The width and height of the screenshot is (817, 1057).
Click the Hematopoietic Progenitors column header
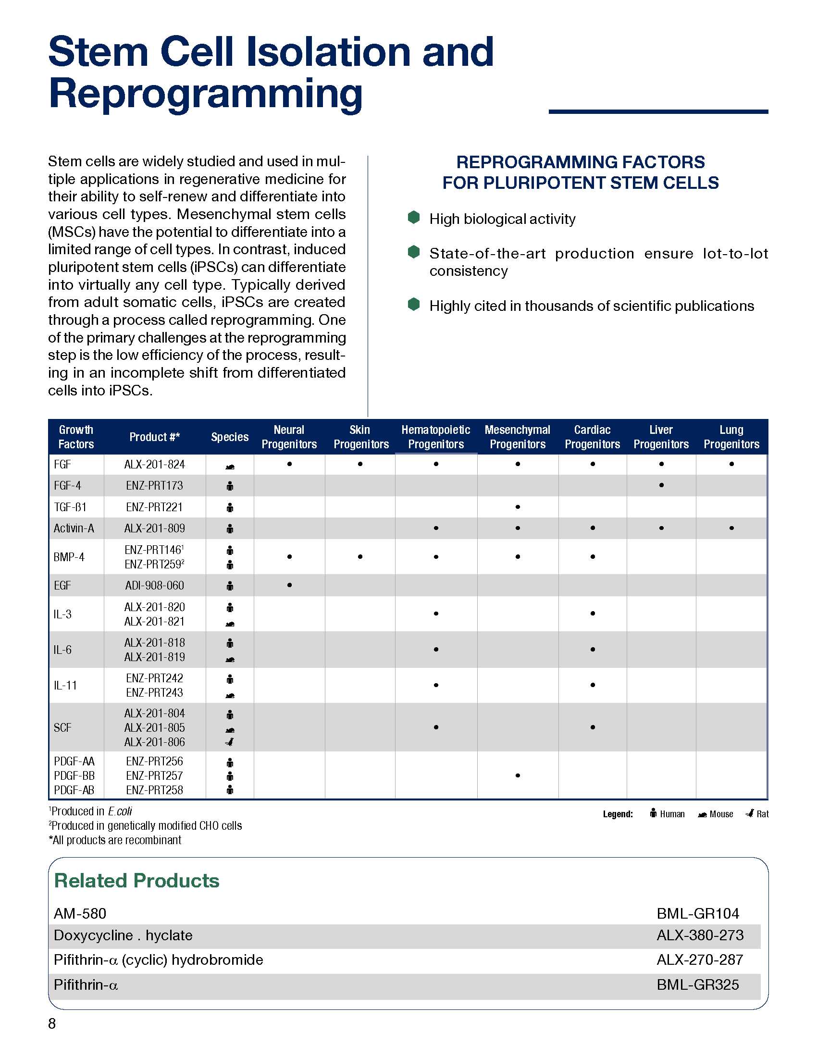click(x=435, y=437)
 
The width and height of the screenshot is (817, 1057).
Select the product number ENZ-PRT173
click(x=154, y=485)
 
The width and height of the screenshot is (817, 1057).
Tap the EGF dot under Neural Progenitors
click(x=289, y=585)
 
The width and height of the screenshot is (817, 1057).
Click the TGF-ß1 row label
click(x=70, y=507)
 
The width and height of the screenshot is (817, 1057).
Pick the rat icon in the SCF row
click(x=230, y=742)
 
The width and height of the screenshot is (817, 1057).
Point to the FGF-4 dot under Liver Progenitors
click(x=661, y=485)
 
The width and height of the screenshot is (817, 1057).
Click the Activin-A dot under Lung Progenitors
click(x=731, y=528)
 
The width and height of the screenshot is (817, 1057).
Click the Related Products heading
click(x=136, y=880)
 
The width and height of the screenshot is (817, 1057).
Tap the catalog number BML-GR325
click(x=697, y=984)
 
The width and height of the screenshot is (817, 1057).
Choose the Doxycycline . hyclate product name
click(x=123, y=935)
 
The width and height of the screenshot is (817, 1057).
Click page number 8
click(x=52, y=1023)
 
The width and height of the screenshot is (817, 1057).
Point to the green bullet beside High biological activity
click(x=414, y=218)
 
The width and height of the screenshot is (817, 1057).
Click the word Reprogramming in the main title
click(x=206, y=93)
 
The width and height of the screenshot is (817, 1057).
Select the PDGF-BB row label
click(x=74, y=775)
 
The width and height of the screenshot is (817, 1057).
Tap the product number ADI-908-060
click(x=154, y=586)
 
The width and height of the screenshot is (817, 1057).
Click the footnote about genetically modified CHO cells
click(x=146, y=825)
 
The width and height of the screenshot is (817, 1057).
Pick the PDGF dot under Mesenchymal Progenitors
click(x=518, y=775)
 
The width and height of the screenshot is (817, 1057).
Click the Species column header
click(x=229, y=437)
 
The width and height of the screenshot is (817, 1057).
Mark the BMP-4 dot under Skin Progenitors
click(x=360, y=556)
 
